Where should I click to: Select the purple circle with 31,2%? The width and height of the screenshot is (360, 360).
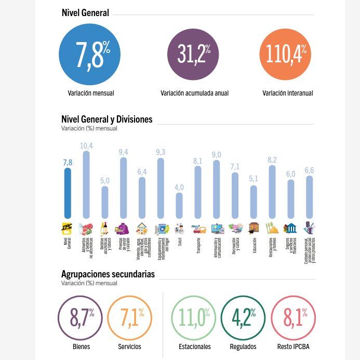tap(193, 54)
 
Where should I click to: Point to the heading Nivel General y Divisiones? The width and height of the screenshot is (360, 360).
tap(106, 119)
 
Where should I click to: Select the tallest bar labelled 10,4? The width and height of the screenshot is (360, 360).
tap(86, 184)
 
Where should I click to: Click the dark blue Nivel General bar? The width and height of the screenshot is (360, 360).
tap(68, 193)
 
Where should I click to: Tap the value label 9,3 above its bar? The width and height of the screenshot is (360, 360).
tap(161, 152)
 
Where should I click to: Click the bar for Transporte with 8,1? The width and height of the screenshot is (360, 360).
tap(198, 192)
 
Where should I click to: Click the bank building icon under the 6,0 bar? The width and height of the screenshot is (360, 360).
tap(290, 228)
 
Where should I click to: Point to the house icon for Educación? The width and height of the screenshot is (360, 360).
tap(254, 228)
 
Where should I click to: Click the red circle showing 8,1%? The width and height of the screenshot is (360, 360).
tap(293, 317)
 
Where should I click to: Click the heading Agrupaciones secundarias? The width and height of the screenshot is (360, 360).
tap(108, 274)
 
